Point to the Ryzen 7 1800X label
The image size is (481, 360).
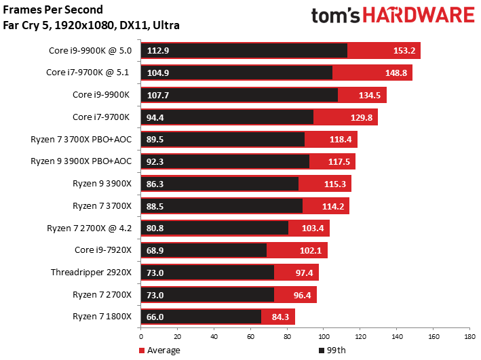100,317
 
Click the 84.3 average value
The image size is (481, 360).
280,317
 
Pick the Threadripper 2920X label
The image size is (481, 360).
90,273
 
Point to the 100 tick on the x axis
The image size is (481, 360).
323,336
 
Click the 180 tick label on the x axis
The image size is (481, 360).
468,336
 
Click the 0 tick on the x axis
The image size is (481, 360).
141,336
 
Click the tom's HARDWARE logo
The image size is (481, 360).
392,16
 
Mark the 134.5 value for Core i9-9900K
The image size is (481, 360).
371,96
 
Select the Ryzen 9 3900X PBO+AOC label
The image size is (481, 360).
80,161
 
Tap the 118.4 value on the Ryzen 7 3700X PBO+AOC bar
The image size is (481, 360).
342,140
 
